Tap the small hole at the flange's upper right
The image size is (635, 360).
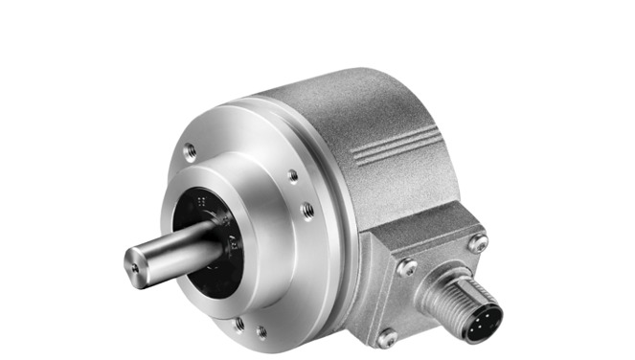292,175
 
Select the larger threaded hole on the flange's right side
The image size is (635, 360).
308,209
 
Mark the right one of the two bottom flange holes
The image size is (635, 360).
261,333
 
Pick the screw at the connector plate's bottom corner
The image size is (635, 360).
387,337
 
